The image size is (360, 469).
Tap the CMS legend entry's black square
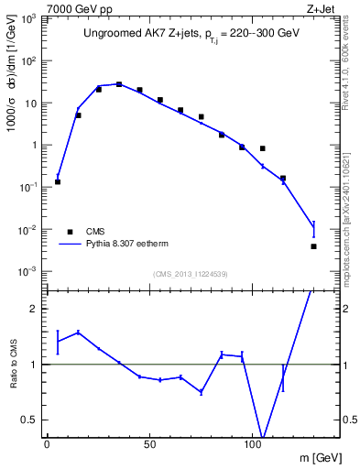click(67, 231)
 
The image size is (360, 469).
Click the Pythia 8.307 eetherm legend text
click(127, 245)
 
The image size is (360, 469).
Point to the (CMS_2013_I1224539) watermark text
click(191, 273)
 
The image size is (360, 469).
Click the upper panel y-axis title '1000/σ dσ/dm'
click(12, 87)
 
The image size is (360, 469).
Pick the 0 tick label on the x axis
click(47, 444)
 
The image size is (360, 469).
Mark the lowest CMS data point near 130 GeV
click(313, 246)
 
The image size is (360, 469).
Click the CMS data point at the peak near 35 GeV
click(119, 84)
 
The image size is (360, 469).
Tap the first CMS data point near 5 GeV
click(58, 181)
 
